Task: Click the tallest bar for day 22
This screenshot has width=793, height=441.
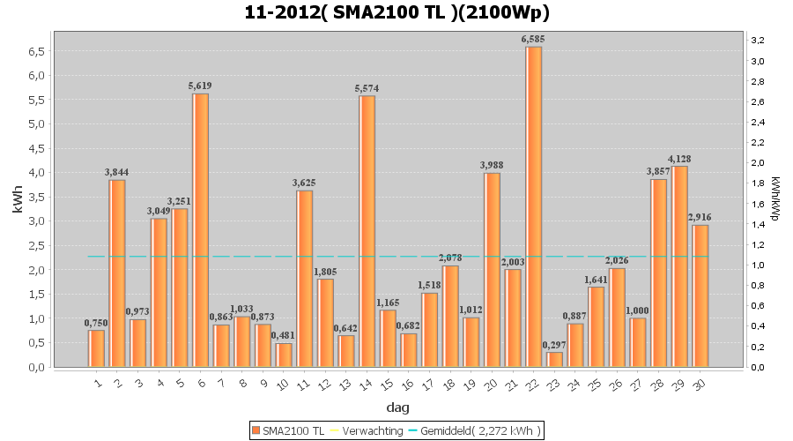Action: (534, 206)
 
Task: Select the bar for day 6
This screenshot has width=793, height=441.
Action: (200, 229)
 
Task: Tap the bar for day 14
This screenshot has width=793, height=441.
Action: (367, 230)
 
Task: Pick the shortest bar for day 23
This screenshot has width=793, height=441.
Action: (554, 359)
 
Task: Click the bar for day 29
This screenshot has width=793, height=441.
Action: (679, 265)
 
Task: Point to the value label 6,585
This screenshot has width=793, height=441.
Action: (534, 39)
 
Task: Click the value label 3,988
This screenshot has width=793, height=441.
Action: (492, 165)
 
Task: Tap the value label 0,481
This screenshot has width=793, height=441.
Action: (284, 335)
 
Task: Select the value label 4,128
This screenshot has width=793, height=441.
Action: (679, 159)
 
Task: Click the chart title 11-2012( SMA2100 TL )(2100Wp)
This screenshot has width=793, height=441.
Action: (396, 13)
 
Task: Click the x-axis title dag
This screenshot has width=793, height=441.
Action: (397, 407)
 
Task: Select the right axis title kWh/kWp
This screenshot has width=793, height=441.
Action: (775, 200)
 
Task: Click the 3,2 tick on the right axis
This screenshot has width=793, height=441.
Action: (757, 41)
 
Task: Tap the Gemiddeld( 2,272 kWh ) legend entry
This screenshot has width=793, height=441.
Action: (476, 430)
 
